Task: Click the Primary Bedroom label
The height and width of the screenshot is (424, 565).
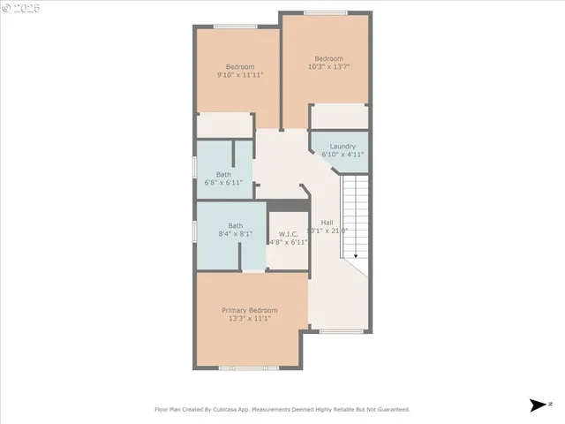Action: coord(249,310)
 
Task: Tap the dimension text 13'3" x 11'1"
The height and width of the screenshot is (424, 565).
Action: coord(249,319)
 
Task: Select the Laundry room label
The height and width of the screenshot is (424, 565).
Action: coord(343,146)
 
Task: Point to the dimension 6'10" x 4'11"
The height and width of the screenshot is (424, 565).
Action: coord(343,155)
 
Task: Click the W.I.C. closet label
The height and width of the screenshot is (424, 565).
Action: coord(288,233)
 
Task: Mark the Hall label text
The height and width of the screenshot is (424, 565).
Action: coord(327,222)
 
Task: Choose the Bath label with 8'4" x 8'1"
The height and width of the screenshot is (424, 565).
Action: coord(235,225)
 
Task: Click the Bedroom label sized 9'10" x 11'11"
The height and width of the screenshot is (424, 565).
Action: coord(240,67)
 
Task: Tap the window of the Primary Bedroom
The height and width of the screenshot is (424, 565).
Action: coord(249,367)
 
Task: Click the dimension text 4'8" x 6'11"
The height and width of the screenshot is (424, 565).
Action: coord(288,242)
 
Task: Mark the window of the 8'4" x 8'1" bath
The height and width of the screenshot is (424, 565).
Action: coord(195,230)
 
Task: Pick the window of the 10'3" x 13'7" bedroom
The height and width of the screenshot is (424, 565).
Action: coord(324,12)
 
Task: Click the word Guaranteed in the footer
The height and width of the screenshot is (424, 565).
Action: coord(390,410)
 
